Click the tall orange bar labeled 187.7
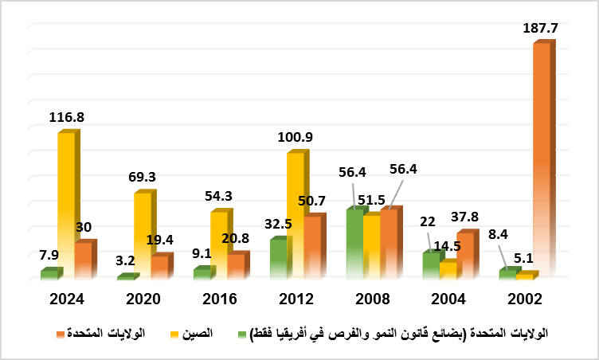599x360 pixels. click(541, 159)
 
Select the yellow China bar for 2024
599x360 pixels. click(66, 203)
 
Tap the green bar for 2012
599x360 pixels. click(277, 260)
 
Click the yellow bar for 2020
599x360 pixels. click(143, 235)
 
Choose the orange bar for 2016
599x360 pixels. click(236, 266)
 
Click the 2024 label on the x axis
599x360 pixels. click(67, 299)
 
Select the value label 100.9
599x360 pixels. click(295, 136)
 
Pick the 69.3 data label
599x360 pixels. click(143, 176)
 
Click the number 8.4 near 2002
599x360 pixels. click(497, 235)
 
